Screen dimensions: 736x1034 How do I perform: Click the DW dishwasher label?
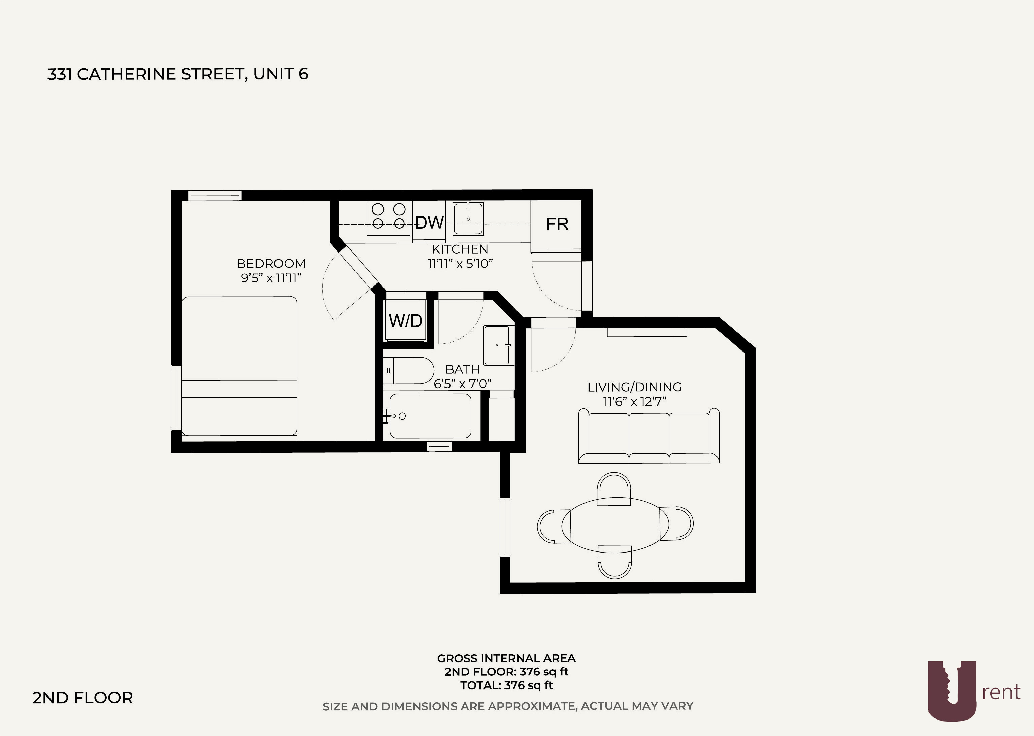[429, 223]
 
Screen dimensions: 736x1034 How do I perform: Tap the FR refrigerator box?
[557, 224]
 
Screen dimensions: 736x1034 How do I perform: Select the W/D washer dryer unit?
[405, 321]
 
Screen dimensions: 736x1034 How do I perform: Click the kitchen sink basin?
[468, 219]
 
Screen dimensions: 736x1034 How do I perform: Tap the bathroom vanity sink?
[498, 345]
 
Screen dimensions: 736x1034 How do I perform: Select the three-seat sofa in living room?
[648, 436]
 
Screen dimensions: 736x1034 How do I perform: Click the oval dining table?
[615, 525]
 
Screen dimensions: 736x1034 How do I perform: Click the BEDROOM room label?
[271, 263]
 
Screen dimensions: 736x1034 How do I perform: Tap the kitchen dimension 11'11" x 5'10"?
[460, 263]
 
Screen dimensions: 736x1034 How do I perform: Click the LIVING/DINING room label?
[634, 387]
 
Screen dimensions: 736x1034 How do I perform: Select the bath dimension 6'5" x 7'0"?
[462, 384]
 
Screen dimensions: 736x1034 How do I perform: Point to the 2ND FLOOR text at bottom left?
[82, 698]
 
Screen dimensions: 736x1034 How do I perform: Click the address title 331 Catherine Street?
[178, 74]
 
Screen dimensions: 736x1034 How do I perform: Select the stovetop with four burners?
[388, 216]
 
